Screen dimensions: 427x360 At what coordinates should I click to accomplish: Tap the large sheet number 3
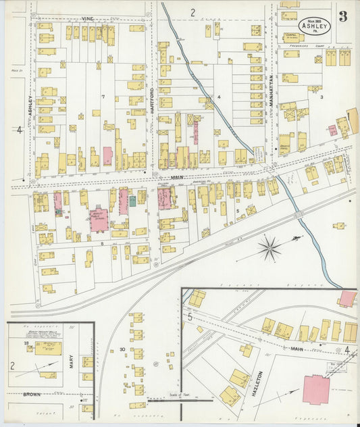point(344,16)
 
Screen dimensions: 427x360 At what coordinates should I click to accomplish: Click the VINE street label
point(87,19)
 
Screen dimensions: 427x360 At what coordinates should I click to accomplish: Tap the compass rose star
point(269,248)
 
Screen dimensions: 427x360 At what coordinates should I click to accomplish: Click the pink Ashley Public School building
point(99,220)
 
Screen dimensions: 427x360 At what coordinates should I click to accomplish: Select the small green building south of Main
point(133,201)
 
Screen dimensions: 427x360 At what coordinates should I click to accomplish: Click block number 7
point(103,97)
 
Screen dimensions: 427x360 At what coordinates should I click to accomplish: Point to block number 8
point(102,242)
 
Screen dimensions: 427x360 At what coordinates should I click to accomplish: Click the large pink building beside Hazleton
point(317,390)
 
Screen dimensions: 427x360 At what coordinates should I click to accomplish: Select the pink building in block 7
point(107,156)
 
